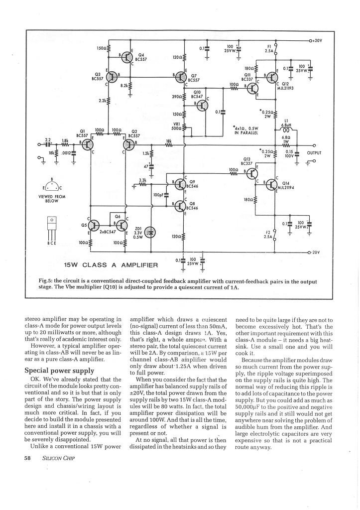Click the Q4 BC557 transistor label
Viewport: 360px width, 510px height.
coord(141,57)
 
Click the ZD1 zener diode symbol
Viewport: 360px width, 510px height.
coord(152,232)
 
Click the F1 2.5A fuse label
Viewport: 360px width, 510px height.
coord(269,48)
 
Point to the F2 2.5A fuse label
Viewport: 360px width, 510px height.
coord(269,234)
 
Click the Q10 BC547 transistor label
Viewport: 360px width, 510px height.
coord(197,95)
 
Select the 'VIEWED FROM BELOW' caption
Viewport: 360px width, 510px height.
coord(51,198)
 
